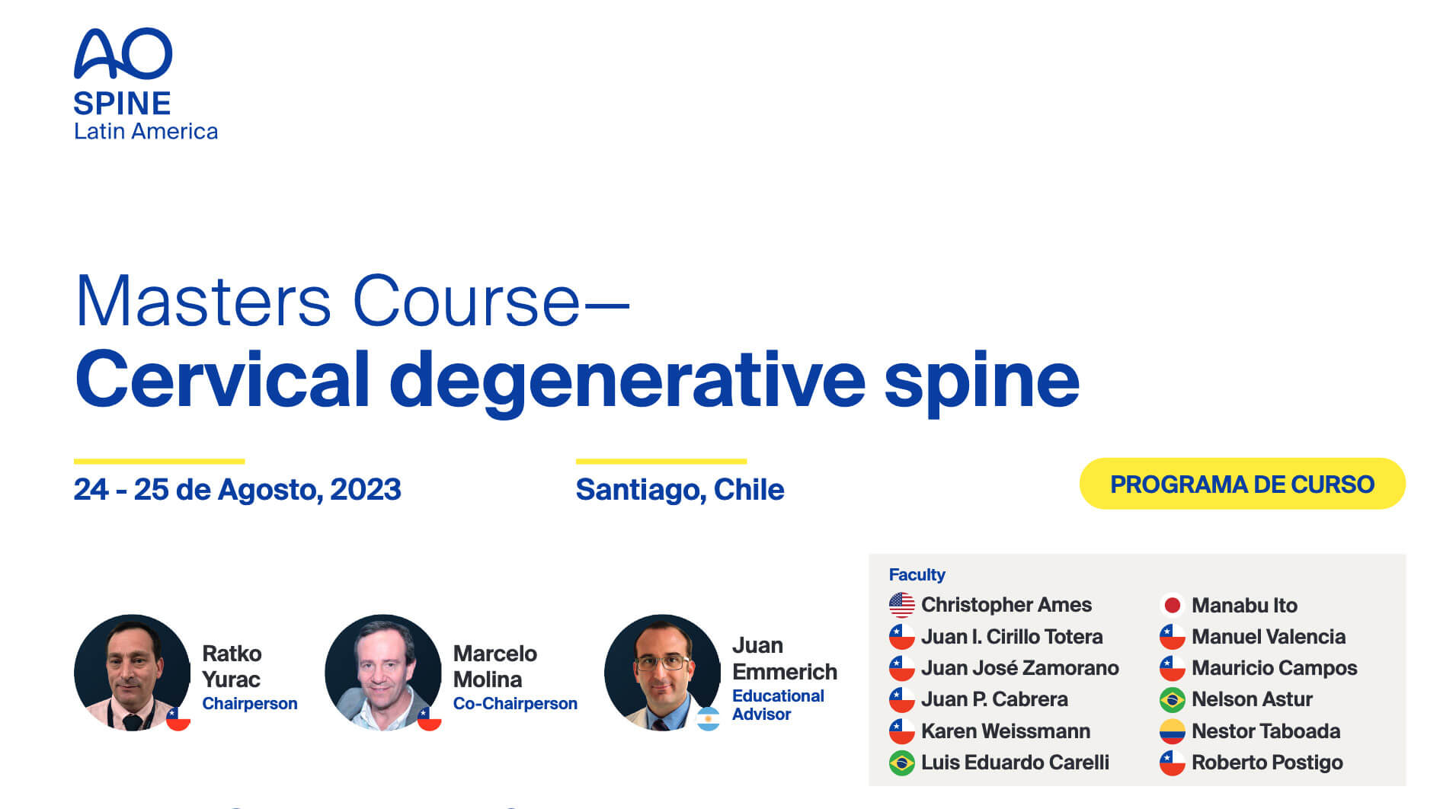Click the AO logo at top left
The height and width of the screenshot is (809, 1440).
pyautogui.click(x=123, y=54)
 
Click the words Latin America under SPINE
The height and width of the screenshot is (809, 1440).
pyautogui.click(x=146, y=132)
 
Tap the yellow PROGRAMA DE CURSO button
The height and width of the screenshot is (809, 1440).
pyautogui.click(x=1242, y=484)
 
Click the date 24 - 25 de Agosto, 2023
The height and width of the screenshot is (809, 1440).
pyautogui.click(x=237, y=489)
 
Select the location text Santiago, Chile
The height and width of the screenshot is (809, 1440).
pyautogui.click(x=680, y=489)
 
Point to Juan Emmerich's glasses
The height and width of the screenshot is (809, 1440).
pyautogui.click(x=661, y=661)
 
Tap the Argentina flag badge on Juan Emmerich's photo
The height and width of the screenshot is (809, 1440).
pyautogui.click(x=708, y=719)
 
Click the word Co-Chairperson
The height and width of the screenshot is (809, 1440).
pyautogui.click(x=515, y=704)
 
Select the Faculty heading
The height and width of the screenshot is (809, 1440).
pyautogui.click(x=917, y=574)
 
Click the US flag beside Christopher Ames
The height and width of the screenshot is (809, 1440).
pyautogui.click(x=901, y=605)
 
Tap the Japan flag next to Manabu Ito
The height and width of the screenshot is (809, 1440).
pyautogui.click(x=1172, y=606)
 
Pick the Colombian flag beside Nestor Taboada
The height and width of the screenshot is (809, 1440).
pyautogui.click(x=1172, y=731)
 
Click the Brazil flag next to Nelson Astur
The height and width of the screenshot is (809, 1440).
pyautogui.click(x=1172, y=699)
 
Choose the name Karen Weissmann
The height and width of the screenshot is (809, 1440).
pyautogui.click(x=1005, y=731)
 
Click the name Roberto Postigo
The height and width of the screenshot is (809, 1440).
pyautogui.click(x=1266, y=763)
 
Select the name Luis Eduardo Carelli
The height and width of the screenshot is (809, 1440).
pyautogui.click(x=1014, y=763)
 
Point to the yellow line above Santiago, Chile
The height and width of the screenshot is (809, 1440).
pyautogui.click(x=661, y=461)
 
